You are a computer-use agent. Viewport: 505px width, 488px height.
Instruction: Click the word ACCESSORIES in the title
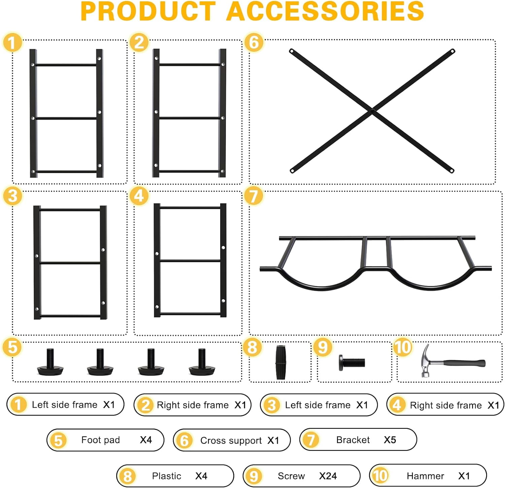pos(325,11)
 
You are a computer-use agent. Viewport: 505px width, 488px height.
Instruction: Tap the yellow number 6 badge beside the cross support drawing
pos(254,42)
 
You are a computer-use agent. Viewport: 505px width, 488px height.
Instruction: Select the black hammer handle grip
pos(465,363)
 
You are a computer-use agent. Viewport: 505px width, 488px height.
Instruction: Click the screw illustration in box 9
pos(352,363)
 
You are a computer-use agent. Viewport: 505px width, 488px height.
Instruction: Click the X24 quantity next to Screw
pos(328,476)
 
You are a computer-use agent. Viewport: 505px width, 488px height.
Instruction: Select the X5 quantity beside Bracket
pos(390,440)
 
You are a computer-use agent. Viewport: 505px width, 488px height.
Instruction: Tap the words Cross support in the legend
pos(231,441)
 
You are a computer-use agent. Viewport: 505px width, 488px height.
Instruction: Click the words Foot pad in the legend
pos(101,440)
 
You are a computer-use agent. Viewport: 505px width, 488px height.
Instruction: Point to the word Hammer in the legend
pos(425,476)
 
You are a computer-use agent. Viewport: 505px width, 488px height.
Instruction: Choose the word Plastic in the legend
pos(167,476)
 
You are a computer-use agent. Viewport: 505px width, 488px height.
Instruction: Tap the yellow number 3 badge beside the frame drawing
pos(12,196)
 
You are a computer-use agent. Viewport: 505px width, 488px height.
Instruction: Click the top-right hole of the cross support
pos(452,51)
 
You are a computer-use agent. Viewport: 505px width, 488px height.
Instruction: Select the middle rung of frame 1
pos(66,118)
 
